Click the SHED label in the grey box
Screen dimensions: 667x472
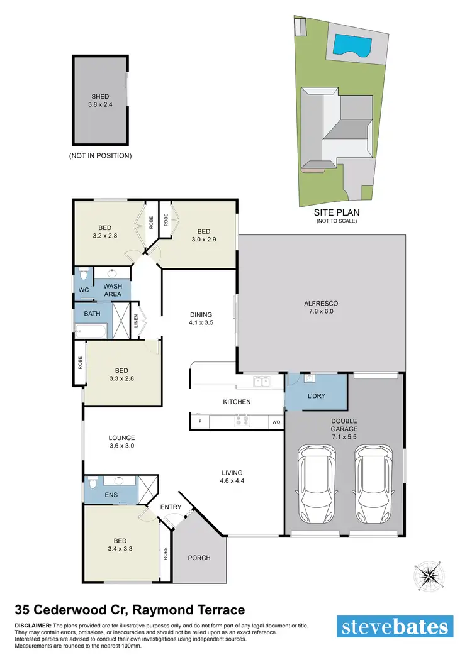pyautogui.click(x=100, y=97)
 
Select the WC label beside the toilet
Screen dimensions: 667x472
pyautogui.click(x=83, y=290)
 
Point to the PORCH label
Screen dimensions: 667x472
pyautogui.click(x=199, y=558)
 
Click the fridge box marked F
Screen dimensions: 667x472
pyautogui.click(x=199, y=421)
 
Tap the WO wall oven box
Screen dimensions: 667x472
pyautogui.click(x=276, y=422)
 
